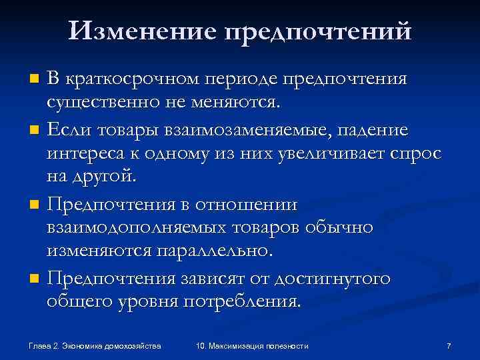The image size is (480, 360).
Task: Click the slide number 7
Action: (x=449, y=345)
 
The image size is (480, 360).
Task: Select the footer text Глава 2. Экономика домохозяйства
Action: (x=95, y=345)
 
